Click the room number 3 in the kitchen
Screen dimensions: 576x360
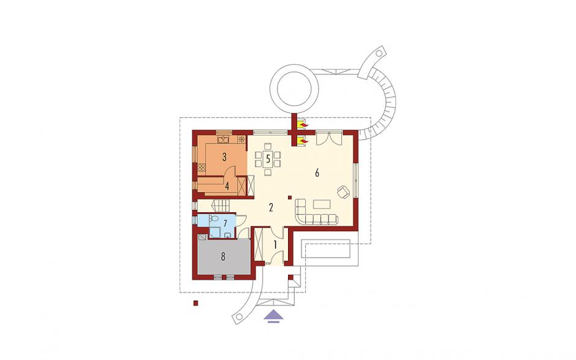(224, 157)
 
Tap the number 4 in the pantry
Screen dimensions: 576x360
(227, 186)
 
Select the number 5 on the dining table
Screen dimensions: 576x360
(268, 159)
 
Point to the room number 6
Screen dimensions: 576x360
(317, 173)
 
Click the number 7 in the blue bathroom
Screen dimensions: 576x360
(225, 223)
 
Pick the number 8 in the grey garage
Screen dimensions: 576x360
(223, 256)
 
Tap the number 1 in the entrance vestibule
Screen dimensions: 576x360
(275, 244)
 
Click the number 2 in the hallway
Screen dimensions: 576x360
(271, 208)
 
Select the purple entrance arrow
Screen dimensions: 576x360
(273, 316)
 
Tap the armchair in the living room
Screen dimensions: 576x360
(344, 191)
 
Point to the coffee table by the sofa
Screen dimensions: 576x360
(322, 204)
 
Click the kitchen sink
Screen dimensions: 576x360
(223, 139)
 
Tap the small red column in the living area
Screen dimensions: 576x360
(290, 197)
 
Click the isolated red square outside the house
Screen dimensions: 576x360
(196, 303)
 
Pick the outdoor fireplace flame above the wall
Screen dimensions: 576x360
(303, 126)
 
